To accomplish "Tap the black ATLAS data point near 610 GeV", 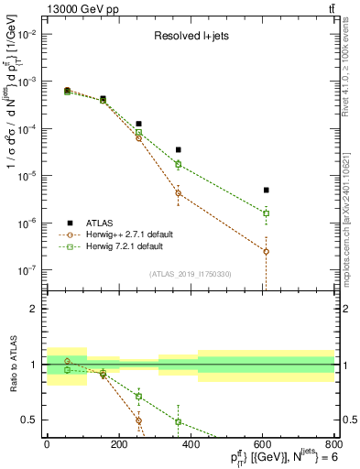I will (x=266, y=190).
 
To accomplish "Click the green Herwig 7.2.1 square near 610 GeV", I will (x=266, y=213).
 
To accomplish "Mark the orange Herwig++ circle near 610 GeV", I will (x=266, y=251).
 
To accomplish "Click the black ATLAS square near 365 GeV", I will (x=178, y=149).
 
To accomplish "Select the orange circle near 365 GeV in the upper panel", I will (x=178, y=193).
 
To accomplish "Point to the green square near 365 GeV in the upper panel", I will (x=178, y=165).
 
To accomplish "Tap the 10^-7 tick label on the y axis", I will (x=25, y=270).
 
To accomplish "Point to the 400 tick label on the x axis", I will (x=191, y=445).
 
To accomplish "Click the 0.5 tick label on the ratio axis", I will (x=28, y=420).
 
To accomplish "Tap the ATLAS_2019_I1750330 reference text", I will (x=190, y=274).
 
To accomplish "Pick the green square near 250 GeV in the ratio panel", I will (x=138, y=397).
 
